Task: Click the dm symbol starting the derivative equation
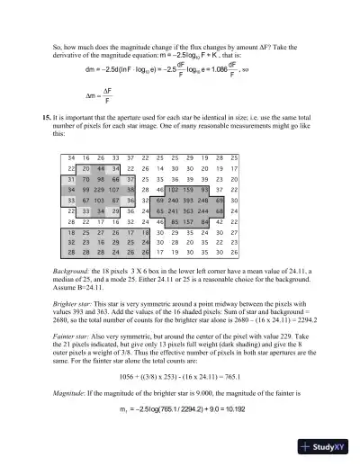pyautogui.click(x=90, y=67)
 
